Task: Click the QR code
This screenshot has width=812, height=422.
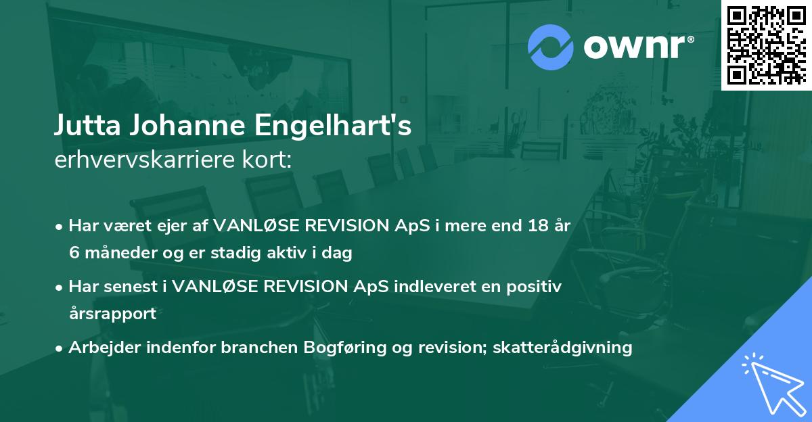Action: pyautogui.click(x=766, y=45)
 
